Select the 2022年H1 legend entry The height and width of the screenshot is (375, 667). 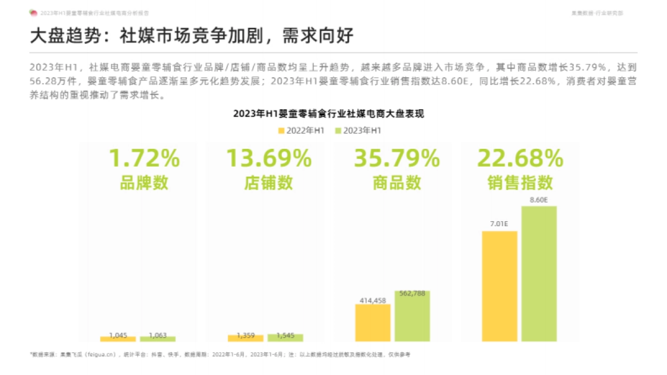tap(301, 131)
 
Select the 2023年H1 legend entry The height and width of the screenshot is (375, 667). tap(359, 131)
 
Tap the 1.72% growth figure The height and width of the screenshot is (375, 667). tap(144, 159)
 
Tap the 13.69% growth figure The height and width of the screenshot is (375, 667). tap(268, 159)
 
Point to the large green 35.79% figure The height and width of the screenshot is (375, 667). tap(397, 159)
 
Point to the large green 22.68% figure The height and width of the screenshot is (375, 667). tap(520, 159)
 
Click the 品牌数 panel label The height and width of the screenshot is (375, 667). tap(144, 183)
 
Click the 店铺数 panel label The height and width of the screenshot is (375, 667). tap(268, 183)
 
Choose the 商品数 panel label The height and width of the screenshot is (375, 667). tap(397, 183)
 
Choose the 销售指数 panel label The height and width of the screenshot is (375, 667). tap(520, 183)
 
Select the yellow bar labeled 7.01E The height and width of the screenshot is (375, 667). tap(500, 286)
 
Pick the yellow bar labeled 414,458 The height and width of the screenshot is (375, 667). tap(373, 322)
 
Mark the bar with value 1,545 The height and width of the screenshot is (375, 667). tap(285, 337)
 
